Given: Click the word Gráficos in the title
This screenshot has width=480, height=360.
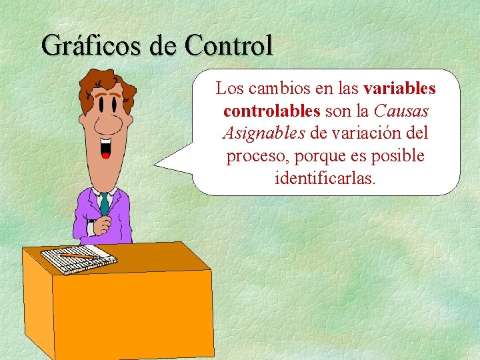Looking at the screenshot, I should coord(82,46).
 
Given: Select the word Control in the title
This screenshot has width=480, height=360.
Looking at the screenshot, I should coord(229,46).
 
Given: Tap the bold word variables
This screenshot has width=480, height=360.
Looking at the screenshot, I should coord(400,89).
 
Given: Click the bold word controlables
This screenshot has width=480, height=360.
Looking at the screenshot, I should coord(272,111).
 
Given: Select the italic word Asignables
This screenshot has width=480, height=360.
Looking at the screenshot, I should coord(263,133).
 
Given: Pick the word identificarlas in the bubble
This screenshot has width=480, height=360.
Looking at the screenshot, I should coord(325,178).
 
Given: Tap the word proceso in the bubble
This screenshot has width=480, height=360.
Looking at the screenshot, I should coord(253,155).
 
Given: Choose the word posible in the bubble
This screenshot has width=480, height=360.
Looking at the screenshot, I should coord(397,155).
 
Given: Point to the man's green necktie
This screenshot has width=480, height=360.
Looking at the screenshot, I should coord(104,203).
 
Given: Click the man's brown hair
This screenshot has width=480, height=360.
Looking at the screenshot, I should coord(93,83).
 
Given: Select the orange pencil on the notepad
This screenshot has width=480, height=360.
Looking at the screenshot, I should coord(77,255).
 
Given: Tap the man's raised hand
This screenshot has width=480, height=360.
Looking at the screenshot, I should coord(103,223).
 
